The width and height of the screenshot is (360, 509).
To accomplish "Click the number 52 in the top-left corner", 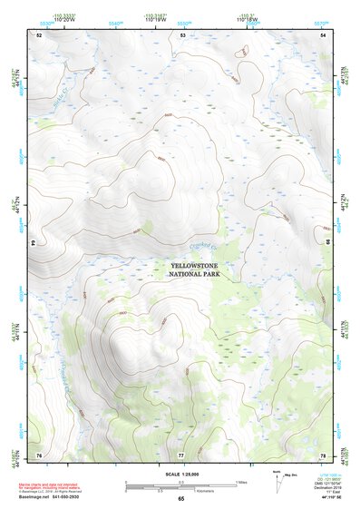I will tap(39, 34).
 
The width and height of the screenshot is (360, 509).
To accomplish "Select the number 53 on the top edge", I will tap(182, 34).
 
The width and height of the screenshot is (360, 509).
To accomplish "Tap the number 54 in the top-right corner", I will tap(324, 34).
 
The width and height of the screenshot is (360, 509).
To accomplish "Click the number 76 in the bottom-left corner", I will tap(39, 453).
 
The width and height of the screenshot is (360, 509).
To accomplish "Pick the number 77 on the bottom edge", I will tap(181, 453).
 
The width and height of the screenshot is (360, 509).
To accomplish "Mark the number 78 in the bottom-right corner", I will tap(324, 453).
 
